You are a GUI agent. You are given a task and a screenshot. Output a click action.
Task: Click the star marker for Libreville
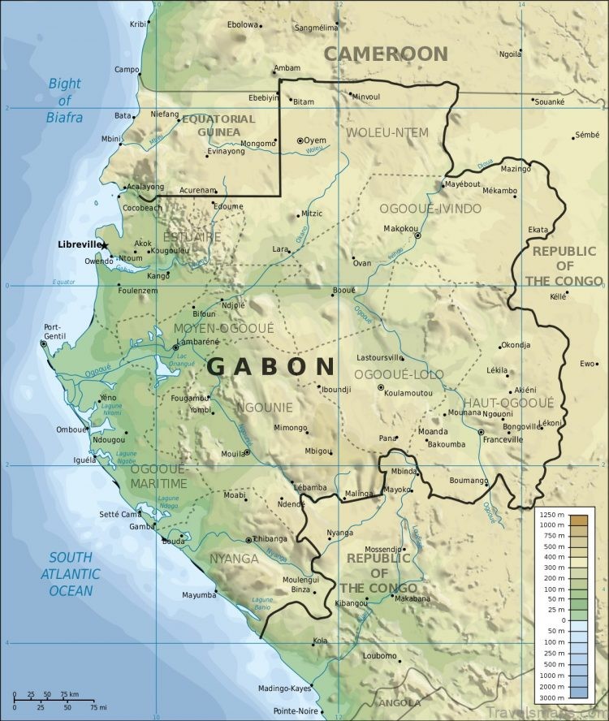pyautogui.click(x=104, y=245)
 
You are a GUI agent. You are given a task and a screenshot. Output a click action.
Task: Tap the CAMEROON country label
pyautogui.click(x=386, y=54)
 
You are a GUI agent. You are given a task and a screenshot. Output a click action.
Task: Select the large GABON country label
pyautogui.click(x=270, y=366)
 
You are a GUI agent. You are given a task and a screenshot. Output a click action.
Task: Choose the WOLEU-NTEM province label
pyautogui.click(x=387, y=132)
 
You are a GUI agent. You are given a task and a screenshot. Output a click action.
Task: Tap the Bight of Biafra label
pyautogui.click(x=65, y=100)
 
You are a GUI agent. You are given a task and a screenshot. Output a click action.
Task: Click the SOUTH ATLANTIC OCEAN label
pyautogui.click(x=74, y=574)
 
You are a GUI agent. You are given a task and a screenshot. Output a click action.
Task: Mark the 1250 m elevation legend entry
pyautogui.click(x=552, y=516)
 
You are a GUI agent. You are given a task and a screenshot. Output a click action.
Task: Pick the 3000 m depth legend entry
pyautogui.click(x=552, y=697)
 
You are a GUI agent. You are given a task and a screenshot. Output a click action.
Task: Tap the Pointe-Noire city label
pyautogui.click(x=296, y=711)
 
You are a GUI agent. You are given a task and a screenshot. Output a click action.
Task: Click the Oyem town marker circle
pyautogui.click(x=300, y=140)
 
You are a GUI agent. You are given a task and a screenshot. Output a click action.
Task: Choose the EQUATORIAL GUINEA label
pyautogui.click(x=218, y=125)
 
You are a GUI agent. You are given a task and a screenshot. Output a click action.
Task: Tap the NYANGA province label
pyautogui.click(x=234, y=559)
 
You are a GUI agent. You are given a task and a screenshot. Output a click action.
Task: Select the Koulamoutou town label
pyautogui.click(x=410, y=393)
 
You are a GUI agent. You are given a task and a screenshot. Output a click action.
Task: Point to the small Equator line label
pyautogui.click(x=63, y=282)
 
